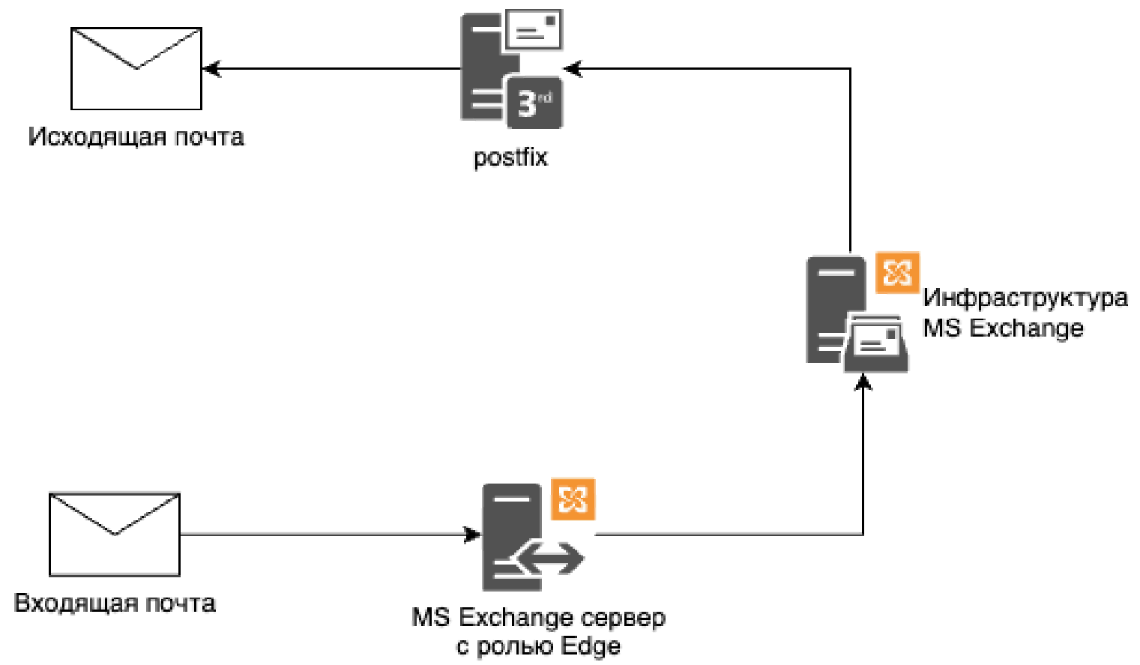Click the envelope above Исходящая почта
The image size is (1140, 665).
click(x=136, y=69)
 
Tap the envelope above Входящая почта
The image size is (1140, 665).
click(x=115, y=535)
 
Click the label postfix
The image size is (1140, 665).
click(x=510, y=157)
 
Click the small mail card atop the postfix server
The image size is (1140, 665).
click(x=534, y=30)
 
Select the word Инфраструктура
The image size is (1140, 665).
click(x=1025, y=298)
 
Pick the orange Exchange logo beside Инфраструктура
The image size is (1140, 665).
click(x=897, y=273)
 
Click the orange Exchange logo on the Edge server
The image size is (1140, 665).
click(x=573, y=499)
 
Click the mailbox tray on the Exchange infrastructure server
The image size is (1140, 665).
click(x=876, y=344)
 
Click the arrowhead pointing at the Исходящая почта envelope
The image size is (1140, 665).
click(x=211, y=69)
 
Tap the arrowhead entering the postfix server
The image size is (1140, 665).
click(x=572, y=69)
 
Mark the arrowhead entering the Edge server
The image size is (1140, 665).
click(x=473, y=535)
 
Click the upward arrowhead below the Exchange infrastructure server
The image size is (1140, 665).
click(x=863, y=382)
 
